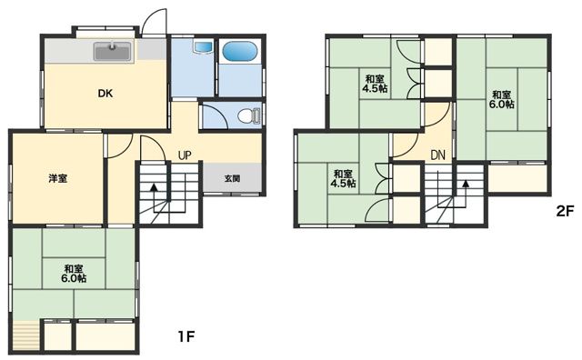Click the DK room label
coord(105,94)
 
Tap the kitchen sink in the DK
coord(113,52)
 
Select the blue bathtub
coord(239,51)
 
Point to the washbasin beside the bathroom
coord(203,46)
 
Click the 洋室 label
coord(58,178)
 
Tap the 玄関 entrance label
coord(232,178)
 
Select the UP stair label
coord(185,155)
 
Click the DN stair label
coord(438,155)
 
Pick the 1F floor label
coord(186,336)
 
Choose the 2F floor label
coord(565,212)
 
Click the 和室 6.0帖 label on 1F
coord(74,273)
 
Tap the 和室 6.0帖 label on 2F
coord(501,99)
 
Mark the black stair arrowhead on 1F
coord(154,186)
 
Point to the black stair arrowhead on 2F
coord(466,184)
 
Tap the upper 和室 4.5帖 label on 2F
coord(376,84)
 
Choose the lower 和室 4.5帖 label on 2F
coord(344,178)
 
